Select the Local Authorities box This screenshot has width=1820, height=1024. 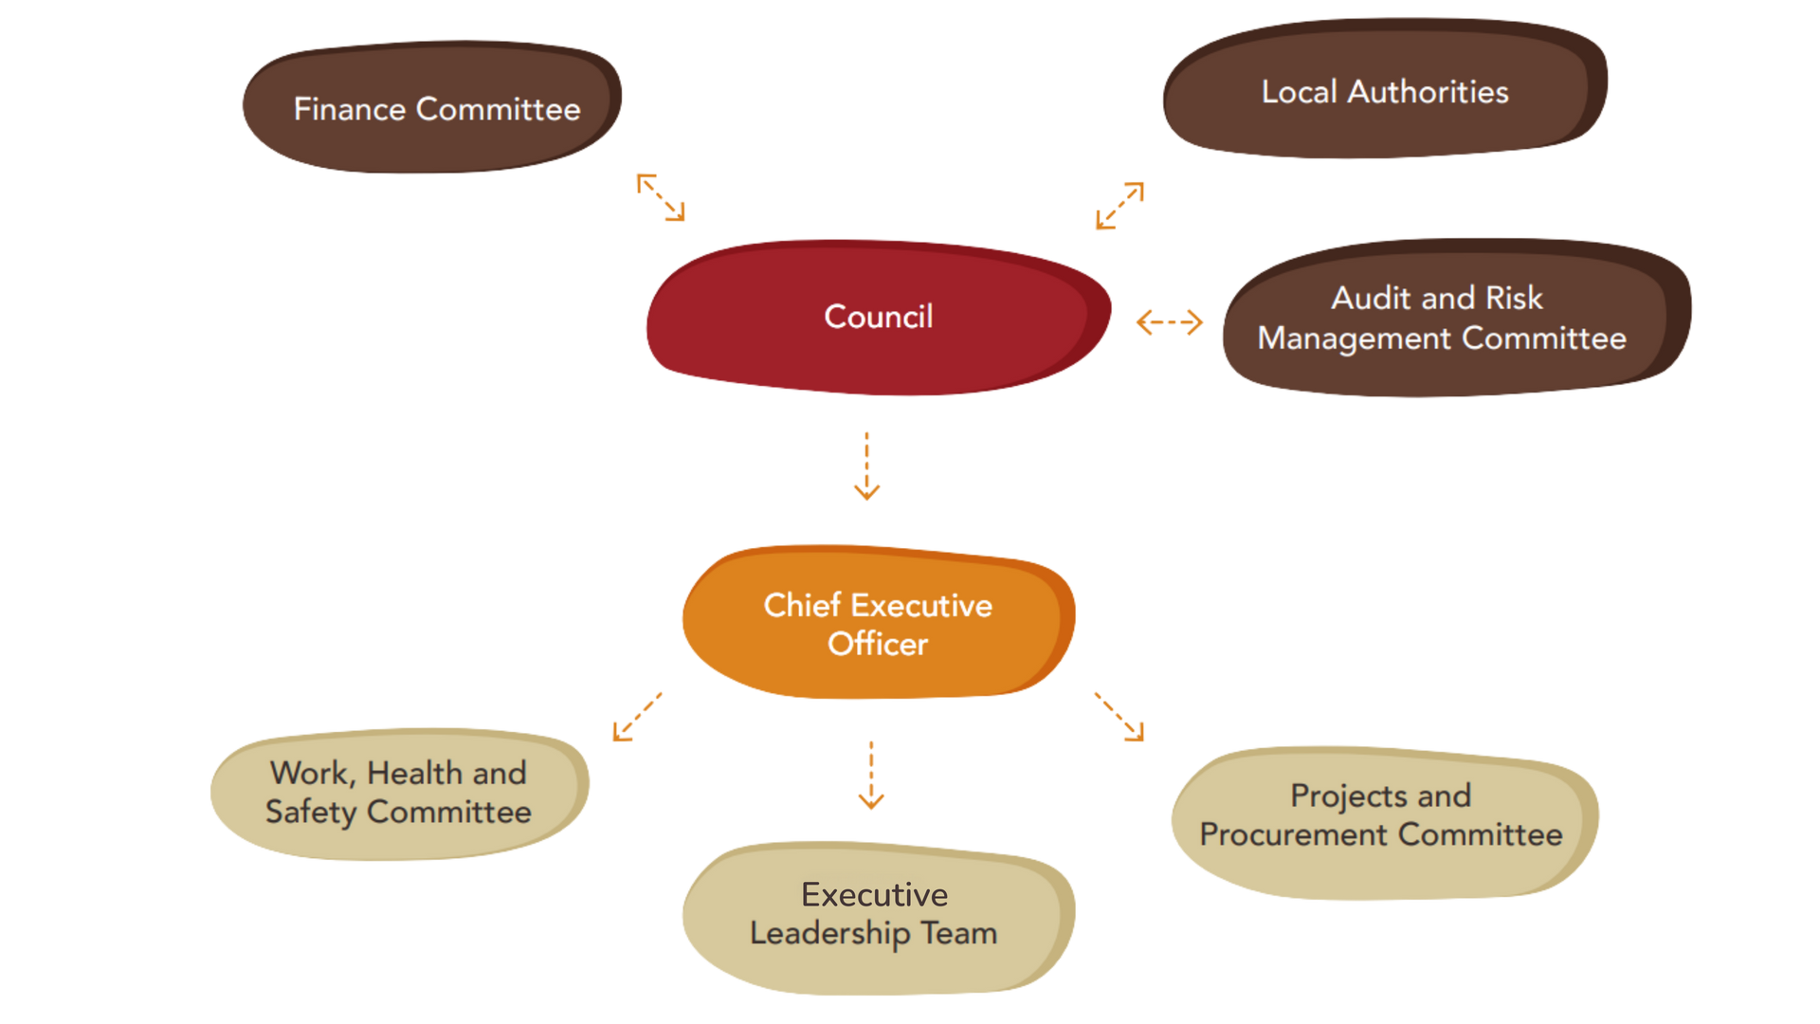pos(1384,91)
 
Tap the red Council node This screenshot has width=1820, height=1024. pos(878,316)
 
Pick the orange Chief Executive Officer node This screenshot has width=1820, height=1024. pos(878,623)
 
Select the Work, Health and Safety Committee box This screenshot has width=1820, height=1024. pos(398,793)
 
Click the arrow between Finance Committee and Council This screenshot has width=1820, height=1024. pos(661,197)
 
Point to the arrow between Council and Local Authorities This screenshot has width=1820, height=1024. pos(1119,205)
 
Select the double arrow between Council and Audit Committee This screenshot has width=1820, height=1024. pos(1169,322)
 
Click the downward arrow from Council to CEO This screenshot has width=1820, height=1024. pos(866,466)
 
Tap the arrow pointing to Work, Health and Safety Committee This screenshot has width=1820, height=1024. pos(637,717)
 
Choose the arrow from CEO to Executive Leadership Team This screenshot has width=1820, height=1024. pos(870,775)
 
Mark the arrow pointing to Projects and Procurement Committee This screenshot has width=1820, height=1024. pos(1119,717)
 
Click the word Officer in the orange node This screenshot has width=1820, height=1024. pos(878,644)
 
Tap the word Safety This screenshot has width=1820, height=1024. pos(311,813)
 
